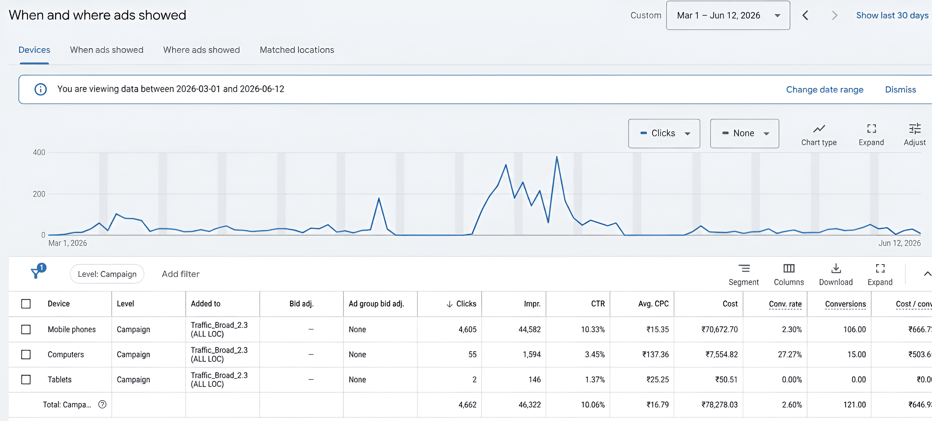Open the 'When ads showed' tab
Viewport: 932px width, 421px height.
click(x=107, y=50)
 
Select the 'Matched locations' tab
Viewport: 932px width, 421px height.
click(x=297, y=50)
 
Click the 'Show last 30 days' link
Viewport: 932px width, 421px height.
click(x=892, y=15)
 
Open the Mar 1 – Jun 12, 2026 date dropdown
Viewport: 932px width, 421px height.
click(x=728, y=15)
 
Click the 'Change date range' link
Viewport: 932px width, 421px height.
click(x=825, y=89)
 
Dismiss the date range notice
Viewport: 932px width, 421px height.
click(x=900, y=89)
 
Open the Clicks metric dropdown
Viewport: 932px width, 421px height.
click(x=664, y=133)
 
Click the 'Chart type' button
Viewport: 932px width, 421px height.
click(x=819, y=135)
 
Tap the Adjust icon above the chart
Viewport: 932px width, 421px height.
click(x=915, y=129)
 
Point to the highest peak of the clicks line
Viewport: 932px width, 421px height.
click(x=557, y=157)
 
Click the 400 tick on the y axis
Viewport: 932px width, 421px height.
click(x=39, y=152)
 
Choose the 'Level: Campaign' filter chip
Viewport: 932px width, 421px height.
click(x=107, y=274)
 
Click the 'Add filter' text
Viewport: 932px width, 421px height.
click(x=181, y=274)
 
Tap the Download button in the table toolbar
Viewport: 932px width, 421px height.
click(x=836, y=274)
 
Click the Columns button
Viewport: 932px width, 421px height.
click(x=789, y=274)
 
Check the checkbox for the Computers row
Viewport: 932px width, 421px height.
click(x=26, y=354)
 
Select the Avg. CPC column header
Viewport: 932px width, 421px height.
click(x=654, y=304)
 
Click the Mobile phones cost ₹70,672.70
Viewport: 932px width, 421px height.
click(x=719, y=329)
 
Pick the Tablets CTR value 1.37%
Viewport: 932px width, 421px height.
click(x=595, y=379)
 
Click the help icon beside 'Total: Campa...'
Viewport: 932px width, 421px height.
click(x=103, y=404)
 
